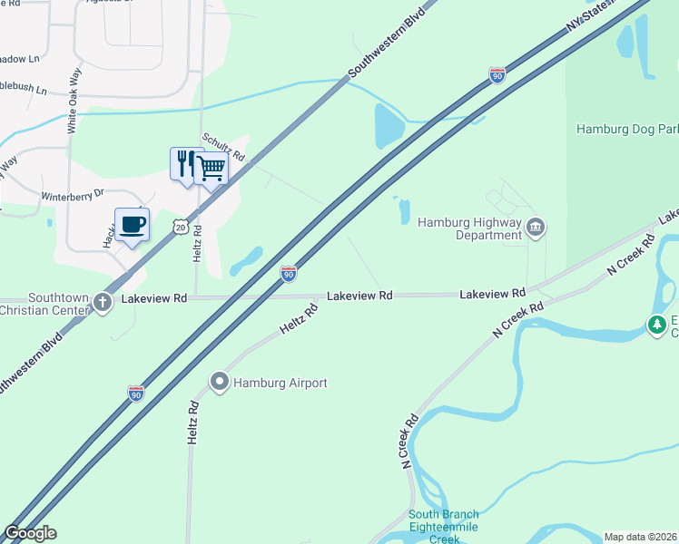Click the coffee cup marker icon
click(x=132, y=224)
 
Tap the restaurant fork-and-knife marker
click(x=184, y=163)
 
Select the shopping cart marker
click(x=211, y=167)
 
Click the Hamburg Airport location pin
click(x=219, y=383)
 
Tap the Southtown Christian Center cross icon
click(x=102, y=304)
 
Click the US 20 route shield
click(x=181, y=227)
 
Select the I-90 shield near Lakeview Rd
click(x=288, y=273)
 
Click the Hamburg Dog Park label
click(x=627, y=130)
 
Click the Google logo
click(x=30, y=533)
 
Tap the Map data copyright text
click(x=641, y=537)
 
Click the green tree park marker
click(x=656, y=324)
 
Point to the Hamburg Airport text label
click(x=280, y=384)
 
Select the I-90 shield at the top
click(x=497, y=74)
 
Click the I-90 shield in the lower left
click(x=135, y=393)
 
